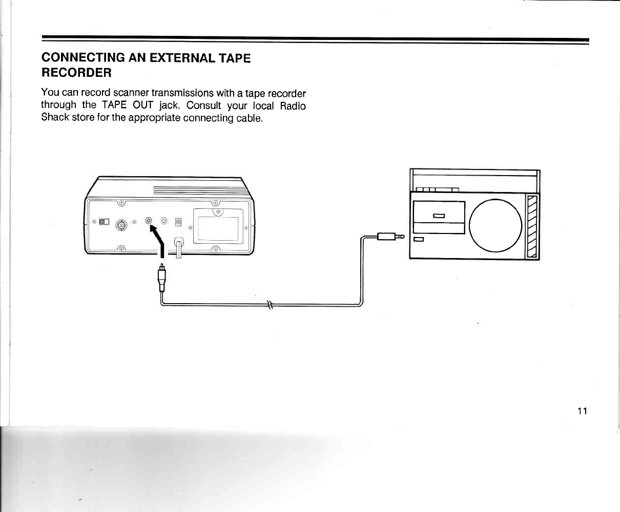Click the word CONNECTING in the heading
(x=82, y=57)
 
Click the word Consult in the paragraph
(x=204, y=105)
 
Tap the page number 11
(x=582, y=411)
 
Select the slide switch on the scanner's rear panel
(x=104, y=222)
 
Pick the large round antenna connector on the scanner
(x=122, y=225)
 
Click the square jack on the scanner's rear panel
(x=178, y=222)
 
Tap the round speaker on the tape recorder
(x=495, y=225)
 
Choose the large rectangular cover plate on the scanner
(x=218, y=228)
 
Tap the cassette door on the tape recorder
(x=439, y=217)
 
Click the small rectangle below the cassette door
(x=419, y=240)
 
